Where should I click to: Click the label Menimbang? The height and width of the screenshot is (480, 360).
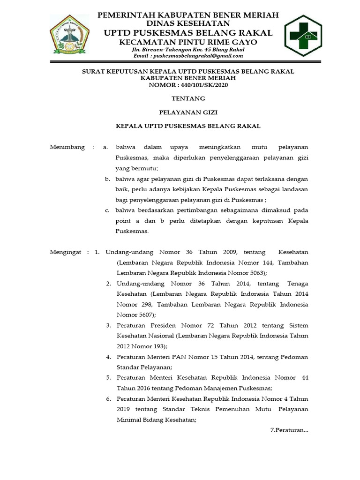point(67,147)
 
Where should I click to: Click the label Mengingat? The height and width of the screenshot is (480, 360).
point(67,252)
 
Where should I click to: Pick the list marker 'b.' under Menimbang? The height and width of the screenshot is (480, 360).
point(107,179)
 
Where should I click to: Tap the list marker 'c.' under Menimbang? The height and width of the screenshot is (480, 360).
point(107,210)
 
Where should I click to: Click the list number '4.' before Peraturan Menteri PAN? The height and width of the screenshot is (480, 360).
point(108,357)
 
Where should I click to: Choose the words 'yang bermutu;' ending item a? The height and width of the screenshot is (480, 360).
point(137,168)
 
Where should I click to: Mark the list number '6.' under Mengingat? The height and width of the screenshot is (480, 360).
point(108,399)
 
